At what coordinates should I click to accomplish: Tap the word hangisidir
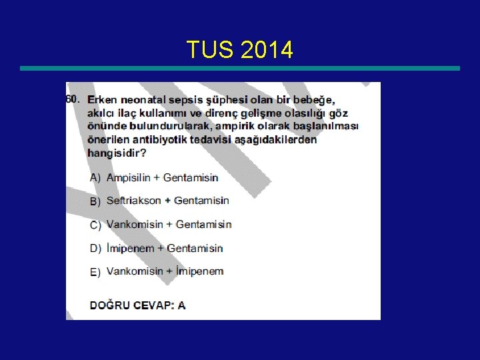[117, 153]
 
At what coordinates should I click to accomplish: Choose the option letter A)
[95, 178]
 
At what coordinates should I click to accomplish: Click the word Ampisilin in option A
[131, 178]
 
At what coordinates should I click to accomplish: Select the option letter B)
[95, 201]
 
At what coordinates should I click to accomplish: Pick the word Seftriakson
[134, 201]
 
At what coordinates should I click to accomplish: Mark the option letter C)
[95, 225]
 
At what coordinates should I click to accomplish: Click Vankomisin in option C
[135, 225]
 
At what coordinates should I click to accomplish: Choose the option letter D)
[95, 249]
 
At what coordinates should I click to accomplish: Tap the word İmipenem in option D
[130, 249]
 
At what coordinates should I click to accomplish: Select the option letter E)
[95, 272]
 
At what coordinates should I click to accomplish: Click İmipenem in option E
[199, 271]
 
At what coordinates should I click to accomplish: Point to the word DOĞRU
[109, 305]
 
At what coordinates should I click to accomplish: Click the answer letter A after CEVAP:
[181, 305]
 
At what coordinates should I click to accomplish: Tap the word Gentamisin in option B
[201, 201]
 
